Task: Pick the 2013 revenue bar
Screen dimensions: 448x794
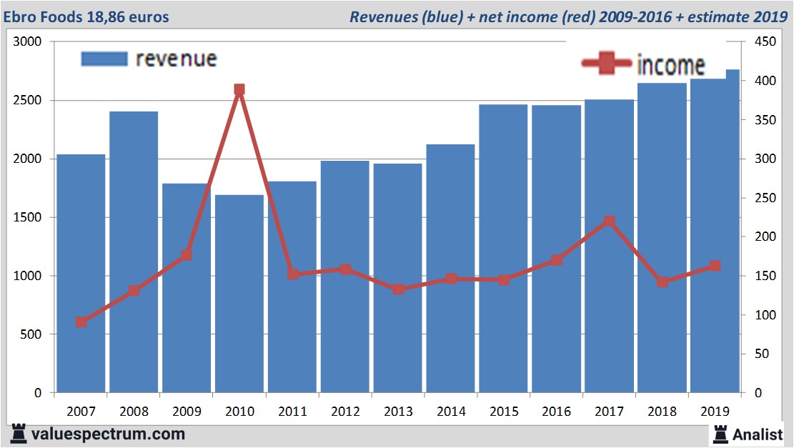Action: coord(398,279)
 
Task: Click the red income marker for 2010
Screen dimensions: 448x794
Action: coord(239,90)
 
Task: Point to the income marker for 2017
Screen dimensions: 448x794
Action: coord(609,221)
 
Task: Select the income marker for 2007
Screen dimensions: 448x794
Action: coord(81,322)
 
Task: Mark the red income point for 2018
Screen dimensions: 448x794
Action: coord(663,282)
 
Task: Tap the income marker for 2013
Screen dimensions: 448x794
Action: coord(398,289)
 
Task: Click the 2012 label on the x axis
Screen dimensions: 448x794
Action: coord(345,412)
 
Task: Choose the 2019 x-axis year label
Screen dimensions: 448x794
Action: coord(715,412)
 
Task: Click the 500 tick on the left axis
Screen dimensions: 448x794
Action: coord(33,334)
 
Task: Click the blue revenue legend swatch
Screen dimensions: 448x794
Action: coord(104,59)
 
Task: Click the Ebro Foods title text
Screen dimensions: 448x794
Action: coord(89,16)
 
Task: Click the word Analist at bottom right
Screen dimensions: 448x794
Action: coord(758,434)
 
